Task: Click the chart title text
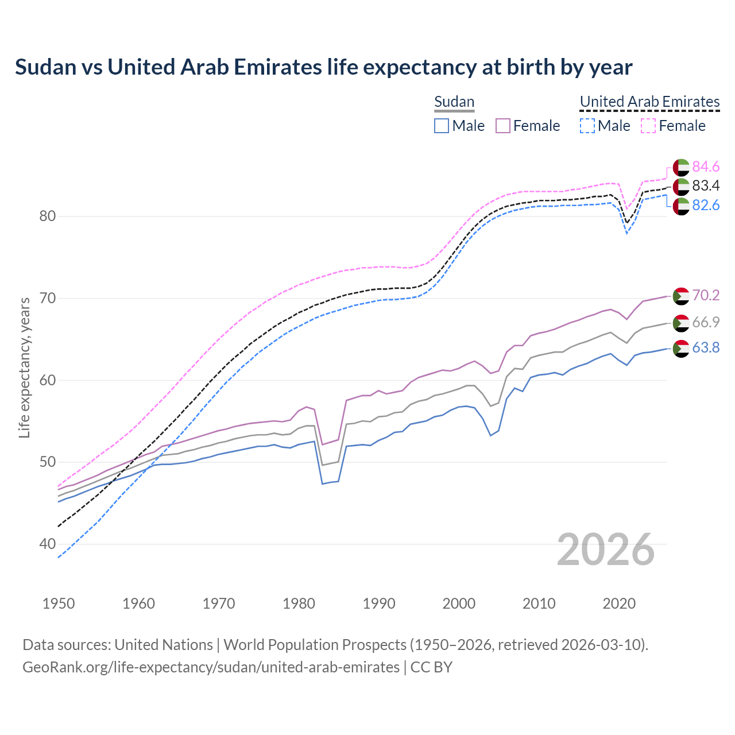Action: click(323, 67)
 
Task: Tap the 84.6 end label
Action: click(706, 167)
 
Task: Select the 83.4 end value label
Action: click(706, 185)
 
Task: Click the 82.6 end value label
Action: click(706, 205)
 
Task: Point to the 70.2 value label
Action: click(706, 295)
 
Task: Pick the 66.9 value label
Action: click(706, 322)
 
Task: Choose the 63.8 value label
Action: click(706, 347)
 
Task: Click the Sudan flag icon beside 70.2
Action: click(681, 296)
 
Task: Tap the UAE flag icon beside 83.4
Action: click(681, 186)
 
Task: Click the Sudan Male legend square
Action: click(442, 126)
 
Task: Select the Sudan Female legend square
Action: click(503, 126)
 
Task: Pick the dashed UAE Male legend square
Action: click(587, 126)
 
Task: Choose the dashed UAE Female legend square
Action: click(648, 126)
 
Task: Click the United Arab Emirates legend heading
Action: click(649, 102)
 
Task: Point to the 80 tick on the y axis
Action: click(48, 216)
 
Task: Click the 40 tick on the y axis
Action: click(48, 544)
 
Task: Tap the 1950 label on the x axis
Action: click(59, 604)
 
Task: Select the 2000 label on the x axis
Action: click(459, 604)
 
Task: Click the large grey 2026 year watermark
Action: click(605, 550)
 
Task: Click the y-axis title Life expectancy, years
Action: click(25, 367)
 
